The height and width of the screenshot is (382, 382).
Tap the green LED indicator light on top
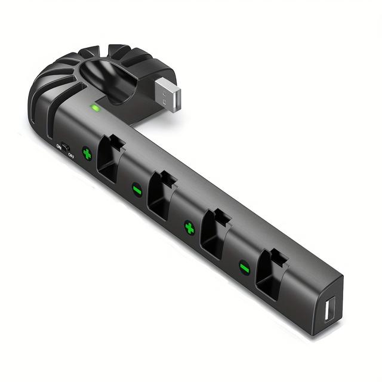coord(94,108)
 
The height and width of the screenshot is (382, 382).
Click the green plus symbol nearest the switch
coord(87,154)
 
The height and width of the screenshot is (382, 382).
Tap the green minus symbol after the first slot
coord(137,190)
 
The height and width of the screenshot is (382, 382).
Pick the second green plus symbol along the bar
coord(189,228)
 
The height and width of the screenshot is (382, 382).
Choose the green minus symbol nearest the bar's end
coord(244,267)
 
